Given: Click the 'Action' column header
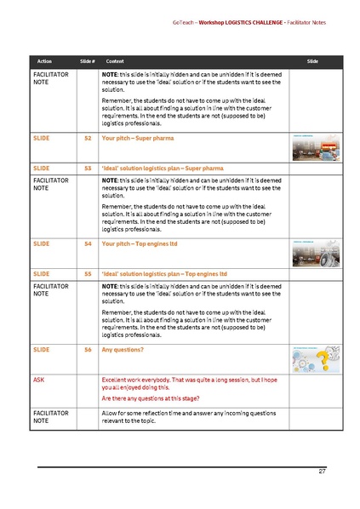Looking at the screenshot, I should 44,62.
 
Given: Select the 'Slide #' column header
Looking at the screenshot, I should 86,62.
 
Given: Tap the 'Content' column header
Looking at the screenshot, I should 115,62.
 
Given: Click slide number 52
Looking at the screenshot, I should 88,136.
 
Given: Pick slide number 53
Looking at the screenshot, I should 88,169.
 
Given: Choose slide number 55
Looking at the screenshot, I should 88,274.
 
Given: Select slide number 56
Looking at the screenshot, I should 88,349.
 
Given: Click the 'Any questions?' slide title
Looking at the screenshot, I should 123,349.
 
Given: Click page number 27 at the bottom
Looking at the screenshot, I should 322,471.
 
